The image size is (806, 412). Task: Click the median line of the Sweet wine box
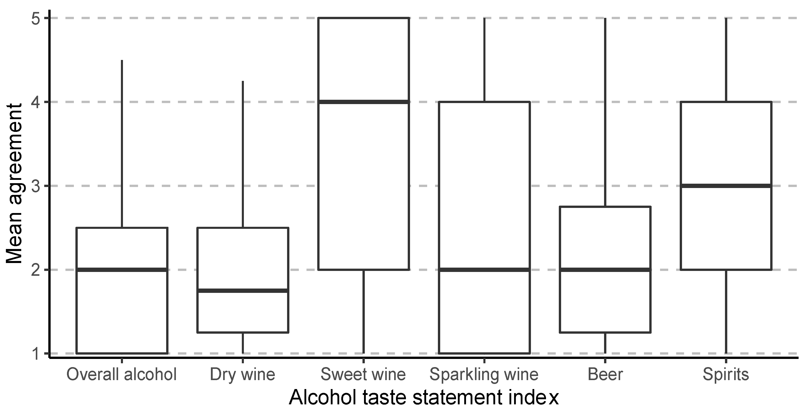[364, 102]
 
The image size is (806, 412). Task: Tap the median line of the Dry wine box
[243, 291]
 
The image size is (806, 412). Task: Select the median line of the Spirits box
[726, 186]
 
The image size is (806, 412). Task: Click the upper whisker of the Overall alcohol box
[122, 144]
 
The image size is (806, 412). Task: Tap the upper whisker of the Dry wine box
[243, 154]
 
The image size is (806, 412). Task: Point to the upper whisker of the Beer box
[605, 113]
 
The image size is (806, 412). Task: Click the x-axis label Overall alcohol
[122, 374]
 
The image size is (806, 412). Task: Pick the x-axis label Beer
[605, 374]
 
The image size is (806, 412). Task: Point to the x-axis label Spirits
[726, 374]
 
